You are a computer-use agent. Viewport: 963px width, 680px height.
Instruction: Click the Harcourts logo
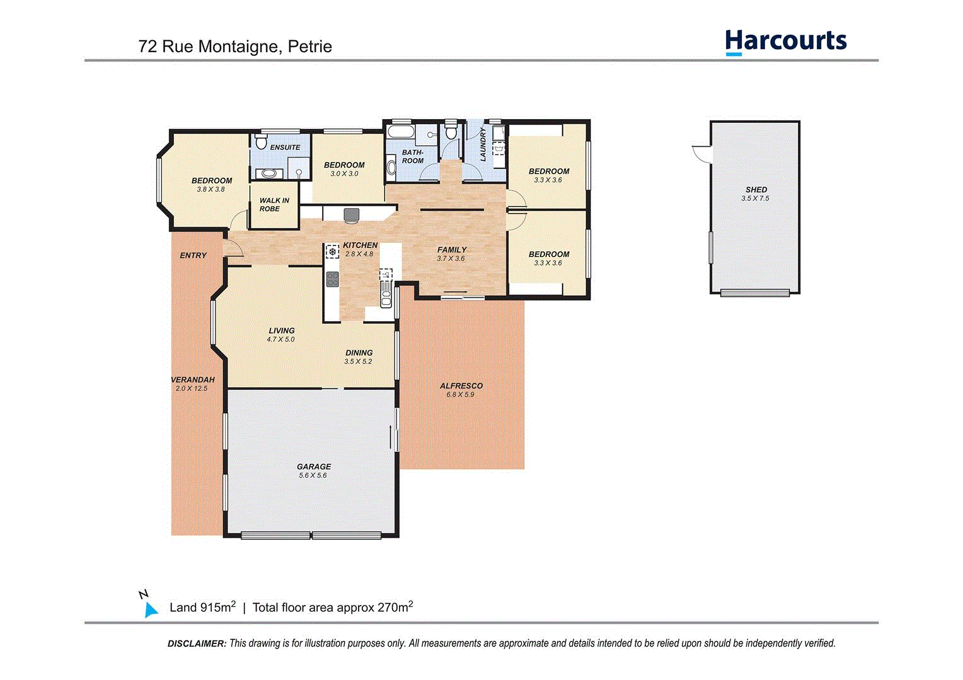(785, 42)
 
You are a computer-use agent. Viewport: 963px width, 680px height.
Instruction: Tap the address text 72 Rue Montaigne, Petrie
(235, 47)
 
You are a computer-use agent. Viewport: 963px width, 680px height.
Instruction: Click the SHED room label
(756, 190)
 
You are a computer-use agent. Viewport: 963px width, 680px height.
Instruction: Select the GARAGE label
(314, 467)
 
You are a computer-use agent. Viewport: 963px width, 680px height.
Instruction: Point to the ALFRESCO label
(461, 386)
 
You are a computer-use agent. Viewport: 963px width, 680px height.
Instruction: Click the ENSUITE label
(285, 147)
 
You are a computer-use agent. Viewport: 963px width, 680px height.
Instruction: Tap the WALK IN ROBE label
(274, 205)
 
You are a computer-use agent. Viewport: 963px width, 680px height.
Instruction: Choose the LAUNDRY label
(483, 145)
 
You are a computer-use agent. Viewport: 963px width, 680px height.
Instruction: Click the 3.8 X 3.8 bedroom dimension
(211, 190)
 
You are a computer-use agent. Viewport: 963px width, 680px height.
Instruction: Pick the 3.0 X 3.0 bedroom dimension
(344, 174)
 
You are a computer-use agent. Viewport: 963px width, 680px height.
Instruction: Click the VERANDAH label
(193, 380)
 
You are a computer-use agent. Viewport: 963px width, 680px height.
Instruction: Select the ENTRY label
(193, 256)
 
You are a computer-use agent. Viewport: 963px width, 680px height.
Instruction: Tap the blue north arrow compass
(150, 609)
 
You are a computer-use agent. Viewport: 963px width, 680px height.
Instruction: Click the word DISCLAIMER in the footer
(197, 643)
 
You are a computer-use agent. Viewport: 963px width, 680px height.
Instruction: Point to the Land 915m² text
(202, 608)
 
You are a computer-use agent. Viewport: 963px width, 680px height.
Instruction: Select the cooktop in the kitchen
(332, 278)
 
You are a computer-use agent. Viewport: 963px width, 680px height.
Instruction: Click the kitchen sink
(385, 292)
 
